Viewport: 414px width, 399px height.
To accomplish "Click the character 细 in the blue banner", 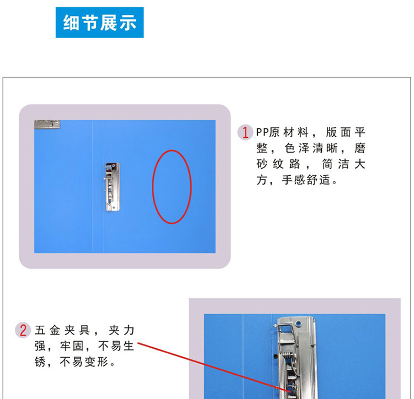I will tap(71, 23).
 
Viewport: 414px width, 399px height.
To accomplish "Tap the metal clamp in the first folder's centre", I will tap(112, 187).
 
